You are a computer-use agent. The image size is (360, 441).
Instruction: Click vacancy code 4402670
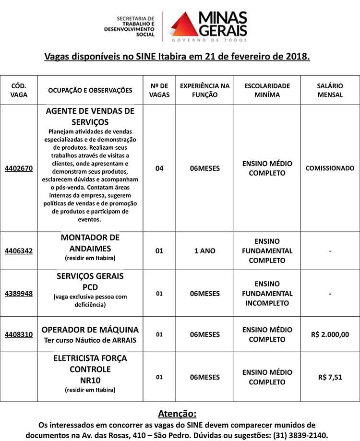click(x=19, y=168)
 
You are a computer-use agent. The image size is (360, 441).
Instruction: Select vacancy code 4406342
click(x=19, y=250)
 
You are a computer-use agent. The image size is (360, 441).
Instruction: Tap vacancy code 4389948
click(x=19, y=293)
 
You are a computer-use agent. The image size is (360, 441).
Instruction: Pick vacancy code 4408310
click(x=19, y=334)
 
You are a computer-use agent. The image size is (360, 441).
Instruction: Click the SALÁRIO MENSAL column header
click(x=330, y=90)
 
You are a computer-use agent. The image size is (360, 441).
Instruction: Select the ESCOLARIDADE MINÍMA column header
click(x=267, y=90)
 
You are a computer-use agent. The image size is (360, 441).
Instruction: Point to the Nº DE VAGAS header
click(x=159, y=90)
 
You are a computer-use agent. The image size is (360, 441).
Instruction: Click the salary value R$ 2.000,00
click(x=330, y=334)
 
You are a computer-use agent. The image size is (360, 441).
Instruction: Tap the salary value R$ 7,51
click(x=330, y=377)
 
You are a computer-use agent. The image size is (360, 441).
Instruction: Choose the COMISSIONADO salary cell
click(x=330, y=168)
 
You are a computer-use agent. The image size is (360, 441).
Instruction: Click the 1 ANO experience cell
click(x=205, y=250)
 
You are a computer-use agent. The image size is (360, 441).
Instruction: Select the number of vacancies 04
click(x=159, y=168)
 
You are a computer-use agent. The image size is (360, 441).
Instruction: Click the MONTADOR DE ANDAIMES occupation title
click(x=90, y=243)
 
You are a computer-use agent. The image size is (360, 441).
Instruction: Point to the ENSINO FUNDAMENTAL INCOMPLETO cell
click(x=267, y=293)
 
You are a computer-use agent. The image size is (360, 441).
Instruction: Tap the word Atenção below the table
click(x=177, y=414)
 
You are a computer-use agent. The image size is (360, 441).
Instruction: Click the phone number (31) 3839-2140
click(x=300, y=435)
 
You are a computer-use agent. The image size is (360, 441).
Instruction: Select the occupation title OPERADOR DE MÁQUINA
click(x=90, y=330)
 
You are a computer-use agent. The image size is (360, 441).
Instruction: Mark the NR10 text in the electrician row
click(x=90, y=380)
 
